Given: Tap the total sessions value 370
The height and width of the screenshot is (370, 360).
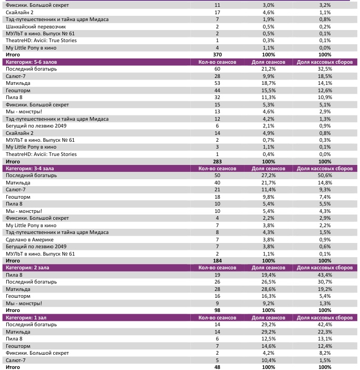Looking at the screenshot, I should [217, 55].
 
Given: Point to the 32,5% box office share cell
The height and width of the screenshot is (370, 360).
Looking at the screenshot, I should [325, 69].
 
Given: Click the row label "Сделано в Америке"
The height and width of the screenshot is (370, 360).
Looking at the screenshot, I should [30, 239].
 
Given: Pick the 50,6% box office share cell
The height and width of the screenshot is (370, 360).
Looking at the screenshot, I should [325, 176].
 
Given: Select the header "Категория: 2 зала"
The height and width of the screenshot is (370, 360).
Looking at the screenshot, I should [27, 268].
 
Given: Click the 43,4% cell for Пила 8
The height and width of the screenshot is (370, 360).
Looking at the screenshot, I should [325, 275].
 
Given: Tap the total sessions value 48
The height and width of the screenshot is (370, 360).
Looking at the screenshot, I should [217, 367].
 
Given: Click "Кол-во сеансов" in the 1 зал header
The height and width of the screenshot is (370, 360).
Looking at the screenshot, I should [217, 317].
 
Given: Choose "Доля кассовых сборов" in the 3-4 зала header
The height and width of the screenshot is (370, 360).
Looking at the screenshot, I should [325, 168].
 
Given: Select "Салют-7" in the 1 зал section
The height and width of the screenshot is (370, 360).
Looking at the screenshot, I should [17, 360].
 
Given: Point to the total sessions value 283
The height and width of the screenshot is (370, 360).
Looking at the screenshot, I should [217, 161].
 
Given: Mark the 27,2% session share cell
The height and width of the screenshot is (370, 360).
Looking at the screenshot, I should [269, 176].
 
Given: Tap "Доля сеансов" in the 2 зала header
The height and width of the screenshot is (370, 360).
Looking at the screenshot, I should [269, 268].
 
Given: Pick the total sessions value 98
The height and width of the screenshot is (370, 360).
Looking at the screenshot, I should [217, 310].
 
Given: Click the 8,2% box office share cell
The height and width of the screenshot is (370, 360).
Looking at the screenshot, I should [325, 353].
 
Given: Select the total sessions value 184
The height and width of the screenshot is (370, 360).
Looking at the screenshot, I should [217, 261].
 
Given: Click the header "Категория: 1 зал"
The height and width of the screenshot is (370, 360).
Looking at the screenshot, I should [25, 317].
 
